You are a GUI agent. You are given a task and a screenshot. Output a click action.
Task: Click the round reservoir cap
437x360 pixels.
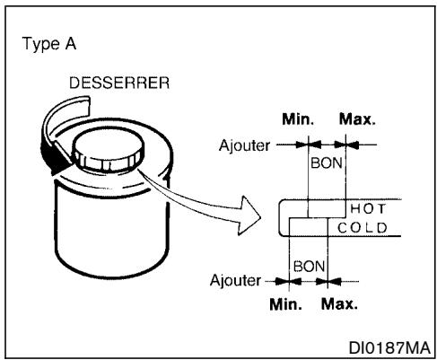coord(105,150)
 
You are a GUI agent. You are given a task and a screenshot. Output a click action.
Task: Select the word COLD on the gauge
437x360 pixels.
coord(362,227)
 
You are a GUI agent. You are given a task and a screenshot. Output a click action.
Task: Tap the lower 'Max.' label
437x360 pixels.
coord(338,303)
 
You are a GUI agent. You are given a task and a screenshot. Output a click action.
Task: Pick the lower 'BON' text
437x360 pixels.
coord(308,268)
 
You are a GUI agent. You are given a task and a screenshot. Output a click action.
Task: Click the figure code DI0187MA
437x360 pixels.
coord(391,346)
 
